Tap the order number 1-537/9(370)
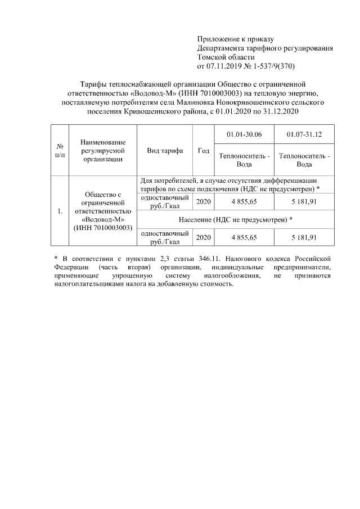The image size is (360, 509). tap(279, 66)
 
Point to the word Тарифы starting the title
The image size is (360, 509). tap(91, 84)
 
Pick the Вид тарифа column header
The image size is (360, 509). tap(165, 151)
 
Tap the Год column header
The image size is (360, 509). tap(204, 151)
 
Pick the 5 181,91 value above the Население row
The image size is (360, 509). tap(304, 202)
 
